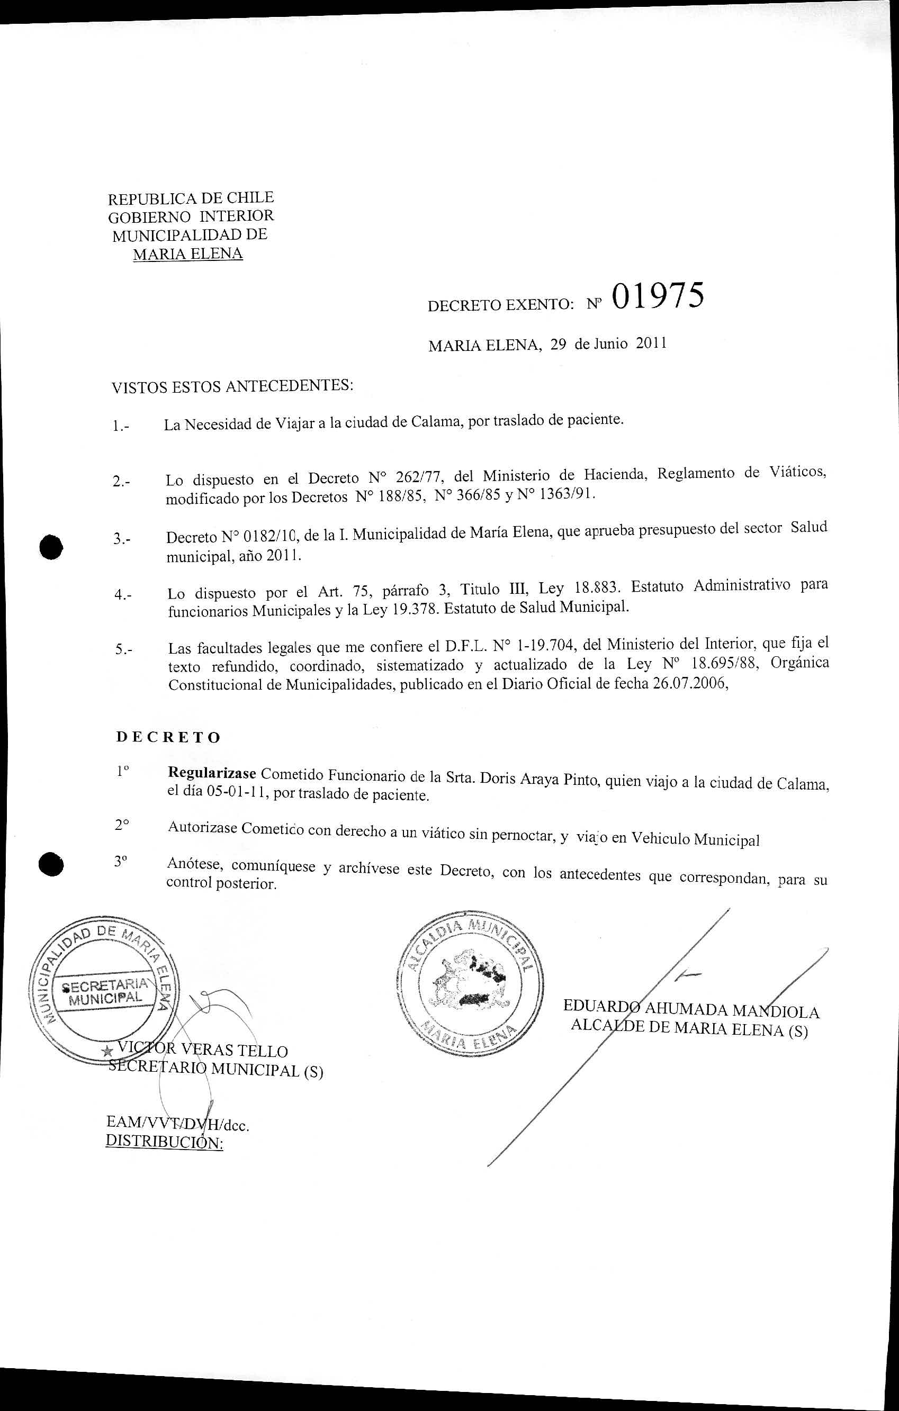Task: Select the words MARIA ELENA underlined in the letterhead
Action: tap(188, 254)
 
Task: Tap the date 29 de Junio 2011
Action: tap(608, 344)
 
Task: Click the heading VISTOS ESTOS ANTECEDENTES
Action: tap(232, 386)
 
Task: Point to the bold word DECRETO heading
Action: tap(168, 737)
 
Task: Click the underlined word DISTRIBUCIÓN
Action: tap(164, 1143)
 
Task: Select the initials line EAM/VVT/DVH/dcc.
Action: tap(177, 1123)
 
